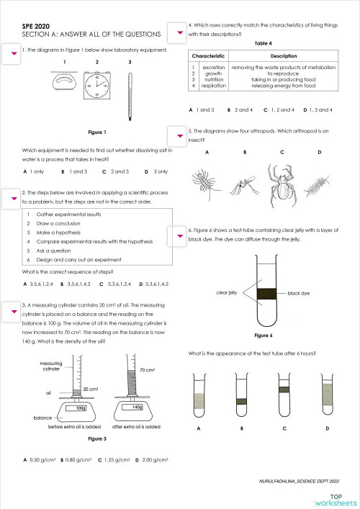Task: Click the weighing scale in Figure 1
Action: pyautogui.click(x=63, y=86)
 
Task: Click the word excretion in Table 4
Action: pyautogui.click(x=214, y=67)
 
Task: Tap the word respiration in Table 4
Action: pyautogui.click(x=214, y=86)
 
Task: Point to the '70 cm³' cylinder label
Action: pyautogui.click(x=148, y=369)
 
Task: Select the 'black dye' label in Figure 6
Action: pyautogui.click(x=302, y=294)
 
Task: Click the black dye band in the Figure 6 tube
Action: pyautogui.click(x=266, y=292)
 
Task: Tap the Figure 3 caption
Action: pyautogui.click(x=96, y=438)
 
